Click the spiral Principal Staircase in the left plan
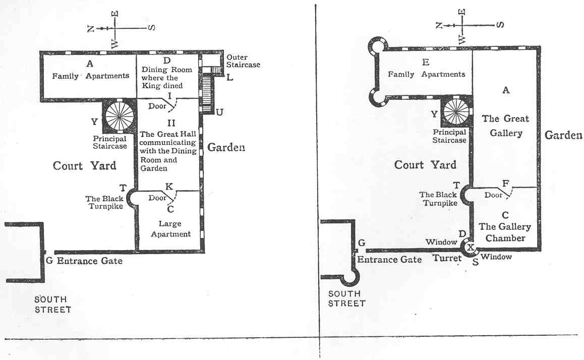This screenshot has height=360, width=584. point(119,116)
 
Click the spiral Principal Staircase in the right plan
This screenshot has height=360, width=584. point(456,112)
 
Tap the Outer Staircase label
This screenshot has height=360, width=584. point(243,61)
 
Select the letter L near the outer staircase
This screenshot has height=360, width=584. point(230,78)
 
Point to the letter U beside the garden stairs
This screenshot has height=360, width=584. point(219,112)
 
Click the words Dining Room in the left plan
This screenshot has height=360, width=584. point(167,70)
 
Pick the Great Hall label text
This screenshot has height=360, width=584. point(167,134)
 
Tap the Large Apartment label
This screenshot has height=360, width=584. point(170,228)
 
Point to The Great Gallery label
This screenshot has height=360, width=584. point(505,126)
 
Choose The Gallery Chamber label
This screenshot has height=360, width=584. point(505,232)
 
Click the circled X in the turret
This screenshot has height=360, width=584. point(471,247)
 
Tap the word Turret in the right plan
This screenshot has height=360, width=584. point(447,258)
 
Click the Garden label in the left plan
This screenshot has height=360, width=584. point(226,147)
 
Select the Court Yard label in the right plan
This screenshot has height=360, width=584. point(425,164)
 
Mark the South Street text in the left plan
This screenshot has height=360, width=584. point(52,305)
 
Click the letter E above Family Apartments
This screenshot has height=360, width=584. point(426,62)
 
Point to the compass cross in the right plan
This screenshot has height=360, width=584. point(462,25)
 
